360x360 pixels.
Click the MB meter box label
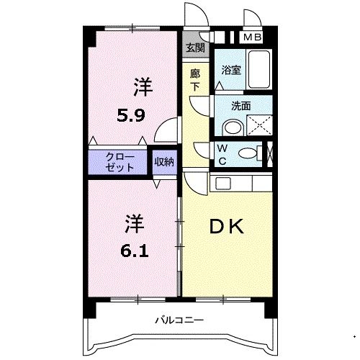252,37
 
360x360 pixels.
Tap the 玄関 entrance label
196,48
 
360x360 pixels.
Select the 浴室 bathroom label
231,70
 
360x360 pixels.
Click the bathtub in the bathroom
259,70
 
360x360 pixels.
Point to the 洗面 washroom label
241,106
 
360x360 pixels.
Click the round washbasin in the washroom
233,129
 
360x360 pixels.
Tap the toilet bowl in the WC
248,153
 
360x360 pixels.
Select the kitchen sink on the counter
223,184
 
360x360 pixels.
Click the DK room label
227,227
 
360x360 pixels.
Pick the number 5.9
131,115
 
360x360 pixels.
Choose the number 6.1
135,251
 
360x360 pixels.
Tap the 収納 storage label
164,162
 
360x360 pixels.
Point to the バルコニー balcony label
179,320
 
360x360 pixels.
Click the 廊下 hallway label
195,81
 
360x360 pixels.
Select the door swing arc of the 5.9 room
161,125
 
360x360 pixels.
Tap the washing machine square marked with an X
259,125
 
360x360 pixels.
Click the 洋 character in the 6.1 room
135,224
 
